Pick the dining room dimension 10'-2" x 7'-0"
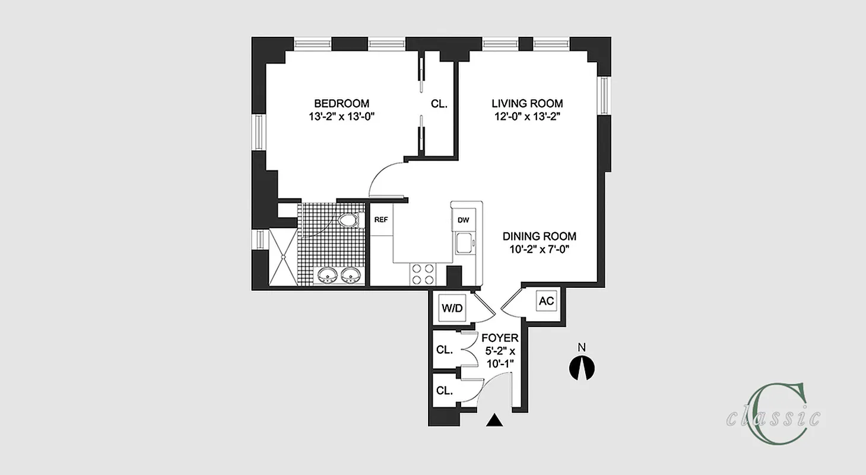tap(538, 249)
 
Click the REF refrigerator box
tap(381, 219)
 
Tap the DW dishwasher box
tap(463, 220)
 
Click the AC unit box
tap(546, 301)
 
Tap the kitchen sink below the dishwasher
tap(464, 242)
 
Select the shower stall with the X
tap(284, 257)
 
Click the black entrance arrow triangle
tap(494, 420)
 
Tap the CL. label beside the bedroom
tap(439, 103)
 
